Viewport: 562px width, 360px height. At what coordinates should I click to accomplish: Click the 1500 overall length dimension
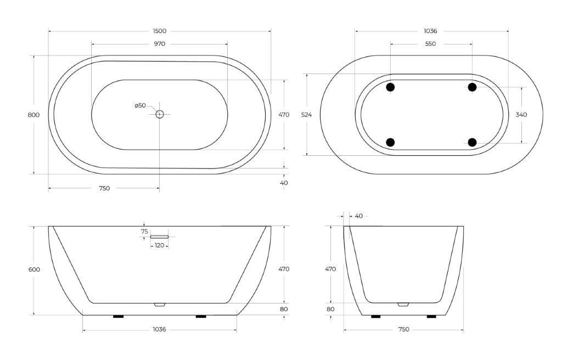coord(160,31)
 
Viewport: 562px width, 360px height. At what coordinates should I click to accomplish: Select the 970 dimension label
coord(160,44)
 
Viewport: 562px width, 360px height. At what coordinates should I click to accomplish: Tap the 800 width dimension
coord(33,115)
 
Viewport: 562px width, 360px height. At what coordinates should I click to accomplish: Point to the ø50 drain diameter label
coord(140,105)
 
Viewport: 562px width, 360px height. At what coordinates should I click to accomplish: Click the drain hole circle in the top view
coord(160,114)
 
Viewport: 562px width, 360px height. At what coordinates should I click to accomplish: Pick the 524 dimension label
coord(306,115)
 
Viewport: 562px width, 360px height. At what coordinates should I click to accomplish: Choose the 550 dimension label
coord(430,44)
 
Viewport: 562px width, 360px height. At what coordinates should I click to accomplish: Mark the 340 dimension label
coord(521,115)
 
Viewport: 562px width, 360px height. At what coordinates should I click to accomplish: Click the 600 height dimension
coord(33,269)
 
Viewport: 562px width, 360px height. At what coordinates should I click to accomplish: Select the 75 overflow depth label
coord(144,232)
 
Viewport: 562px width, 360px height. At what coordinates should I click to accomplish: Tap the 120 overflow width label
coord(159,245)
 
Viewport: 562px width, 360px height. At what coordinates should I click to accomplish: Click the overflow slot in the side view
coord(159,237)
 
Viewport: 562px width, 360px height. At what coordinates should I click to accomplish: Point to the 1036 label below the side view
coord(159,329)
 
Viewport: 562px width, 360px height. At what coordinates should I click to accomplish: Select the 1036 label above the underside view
coord(430,31)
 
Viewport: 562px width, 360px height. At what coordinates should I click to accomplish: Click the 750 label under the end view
coord(403,329)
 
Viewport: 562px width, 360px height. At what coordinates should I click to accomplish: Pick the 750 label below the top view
coord(104,188)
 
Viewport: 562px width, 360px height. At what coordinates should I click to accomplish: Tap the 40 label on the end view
coord(358,216)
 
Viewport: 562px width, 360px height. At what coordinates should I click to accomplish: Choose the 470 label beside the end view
coord(330,269)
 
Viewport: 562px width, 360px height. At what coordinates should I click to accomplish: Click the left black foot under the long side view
coord(118,317)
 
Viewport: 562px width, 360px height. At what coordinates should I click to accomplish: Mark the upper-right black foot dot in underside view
coord(472,87)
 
